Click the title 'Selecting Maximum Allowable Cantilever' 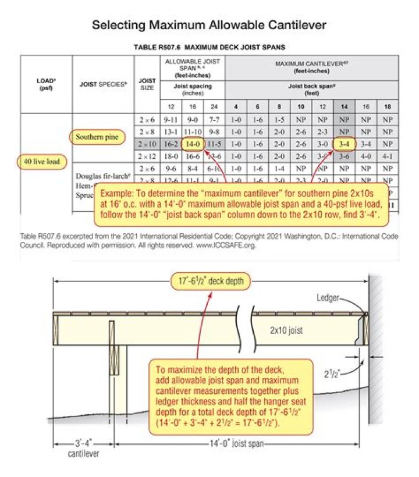[209, 25]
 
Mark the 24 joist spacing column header [214, 107]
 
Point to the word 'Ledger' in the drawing [327, 298]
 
